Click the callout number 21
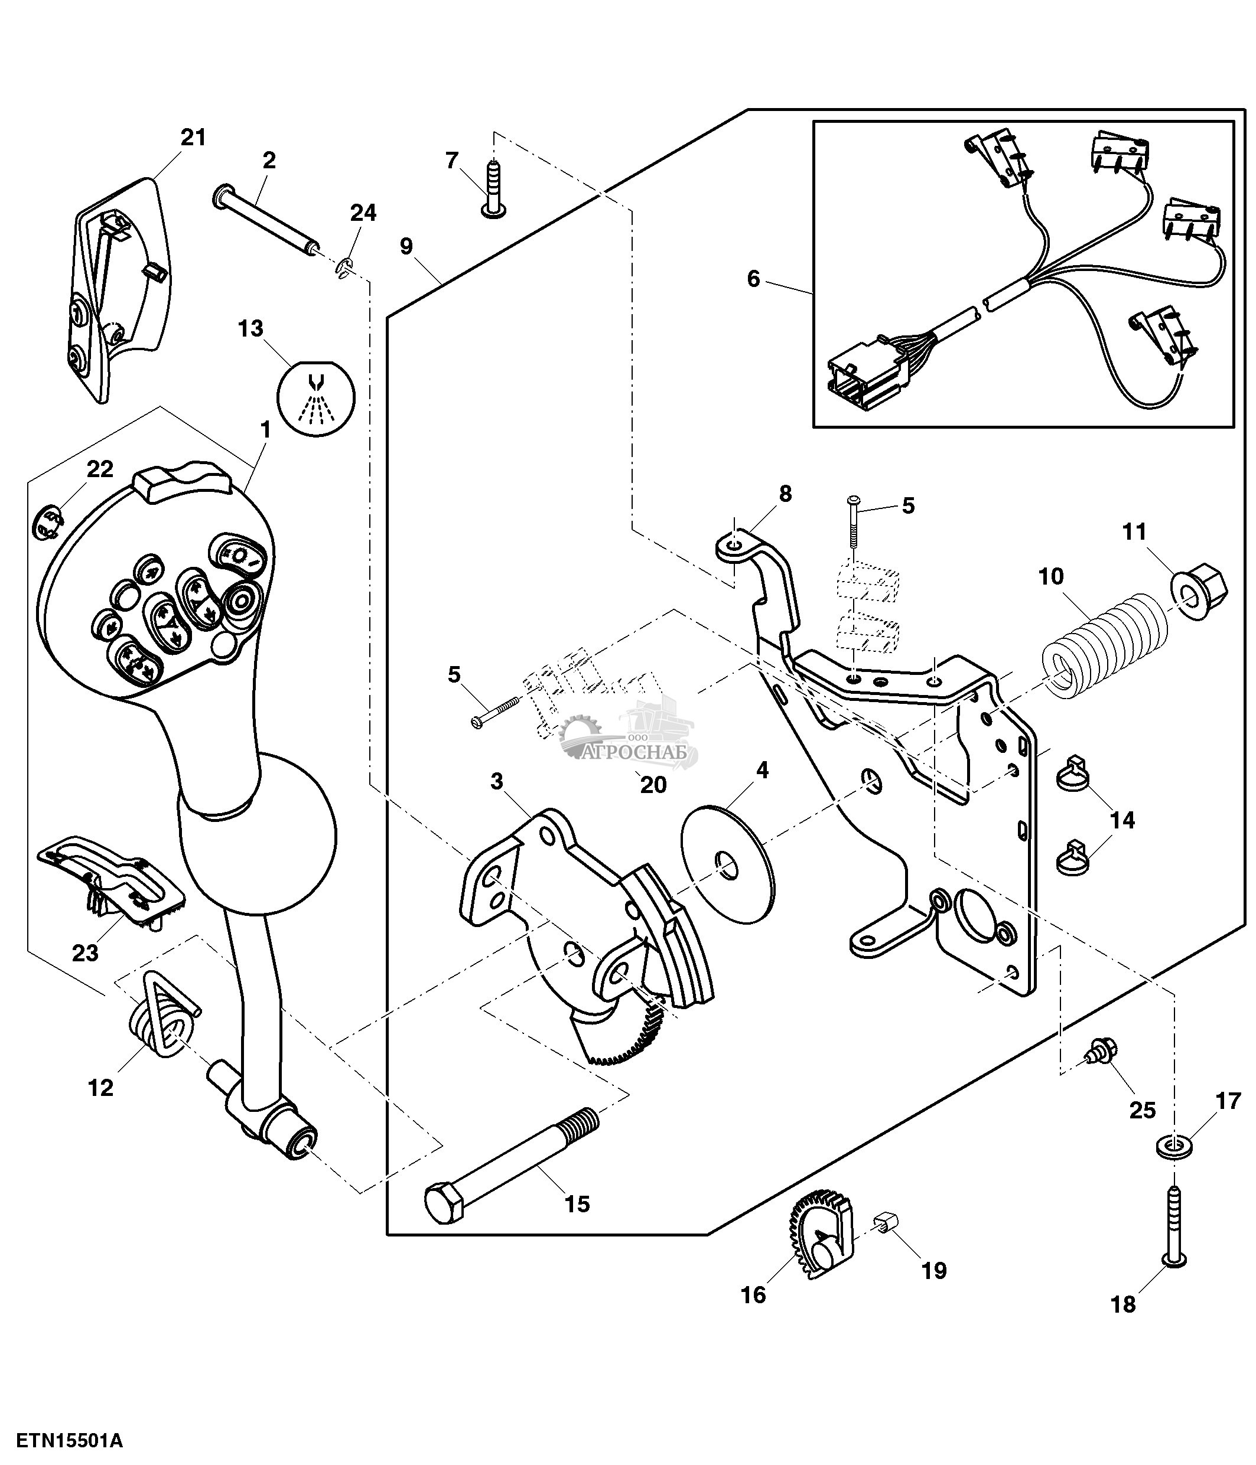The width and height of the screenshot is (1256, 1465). pos(193,137)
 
